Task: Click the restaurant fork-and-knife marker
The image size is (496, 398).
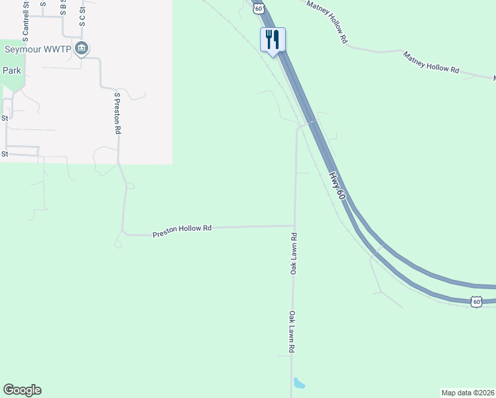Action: pos(273,40)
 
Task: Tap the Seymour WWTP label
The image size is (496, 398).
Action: pos(38,49)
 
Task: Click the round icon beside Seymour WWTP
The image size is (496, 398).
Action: pos(82,48)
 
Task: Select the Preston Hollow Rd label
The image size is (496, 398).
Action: pos(182,230)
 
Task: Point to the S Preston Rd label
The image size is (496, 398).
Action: pos(117,113)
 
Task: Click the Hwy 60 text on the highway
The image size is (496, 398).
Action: pos(337,186)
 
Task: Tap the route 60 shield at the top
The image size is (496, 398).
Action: pos(258,7)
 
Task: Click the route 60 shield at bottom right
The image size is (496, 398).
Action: pos(476,302)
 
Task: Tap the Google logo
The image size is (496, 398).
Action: pos(22,390)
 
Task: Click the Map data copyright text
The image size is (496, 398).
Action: pos(467,393)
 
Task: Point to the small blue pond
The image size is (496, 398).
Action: pos(299,383)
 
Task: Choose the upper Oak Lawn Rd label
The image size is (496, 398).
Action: pos(293,254)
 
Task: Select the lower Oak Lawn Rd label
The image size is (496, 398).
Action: pos(291,332)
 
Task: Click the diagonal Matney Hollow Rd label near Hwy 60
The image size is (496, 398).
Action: pos(328,22)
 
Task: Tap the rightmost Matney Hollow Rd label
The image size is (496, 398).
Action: pos(431,60)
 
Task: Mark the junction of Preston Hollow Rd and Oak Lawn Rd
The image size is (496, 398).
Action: pos(294,226)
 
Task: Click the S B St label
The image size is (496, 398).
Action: pos(64,7)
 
